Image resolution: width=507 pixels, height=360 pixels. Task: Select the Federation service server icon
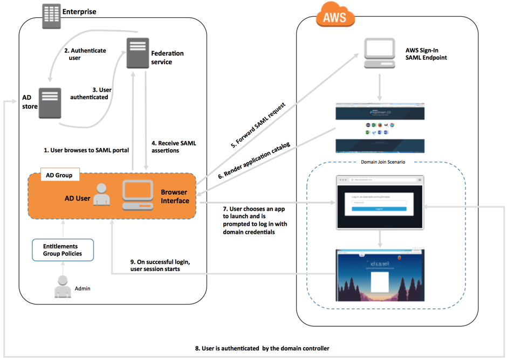click(138, 53)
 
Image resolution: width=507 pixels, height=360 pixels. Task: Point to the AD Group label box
click(59, 175)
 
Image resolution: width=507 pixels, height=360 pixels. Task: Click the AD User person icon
click(101, 195)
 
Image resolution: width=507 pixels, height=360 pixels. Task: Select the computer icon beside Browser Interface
click(137, 195)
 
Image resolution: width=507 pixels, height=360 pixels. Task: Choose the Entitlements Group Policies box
click(63, 250)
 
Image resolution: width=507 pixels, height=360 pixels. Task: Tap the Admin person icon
click(63, 286)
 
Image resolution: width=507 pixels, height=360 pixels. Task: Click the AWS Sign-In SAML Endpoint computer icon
click(379, 53)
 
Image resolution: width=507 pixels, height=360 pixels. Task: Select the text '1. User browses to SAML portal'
click(86, 150)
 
